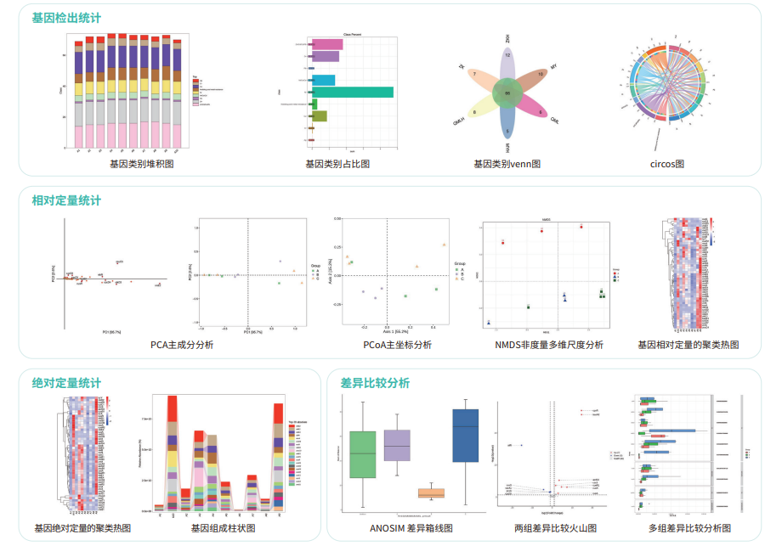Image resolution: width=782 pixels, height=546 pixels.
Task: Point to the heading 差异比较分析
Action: [375, 383]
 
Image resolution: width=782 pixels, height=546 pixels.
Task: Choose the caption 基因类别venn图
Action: [507, 164]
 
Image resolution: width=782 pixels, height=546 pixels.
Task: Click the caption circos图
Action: [661, 164]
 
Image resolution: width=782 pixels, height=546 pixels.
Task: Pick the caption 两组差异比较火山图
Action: [555, 528]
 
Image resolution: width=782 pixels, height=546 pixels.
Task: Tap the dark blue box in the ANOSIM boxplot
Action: [466, 436]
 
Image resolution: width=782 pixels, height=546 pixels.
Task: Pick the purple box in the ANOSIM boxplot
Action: [397, 445]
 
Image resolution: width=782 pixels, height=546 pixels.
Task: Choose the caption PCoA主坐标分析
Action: [394, 345]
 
